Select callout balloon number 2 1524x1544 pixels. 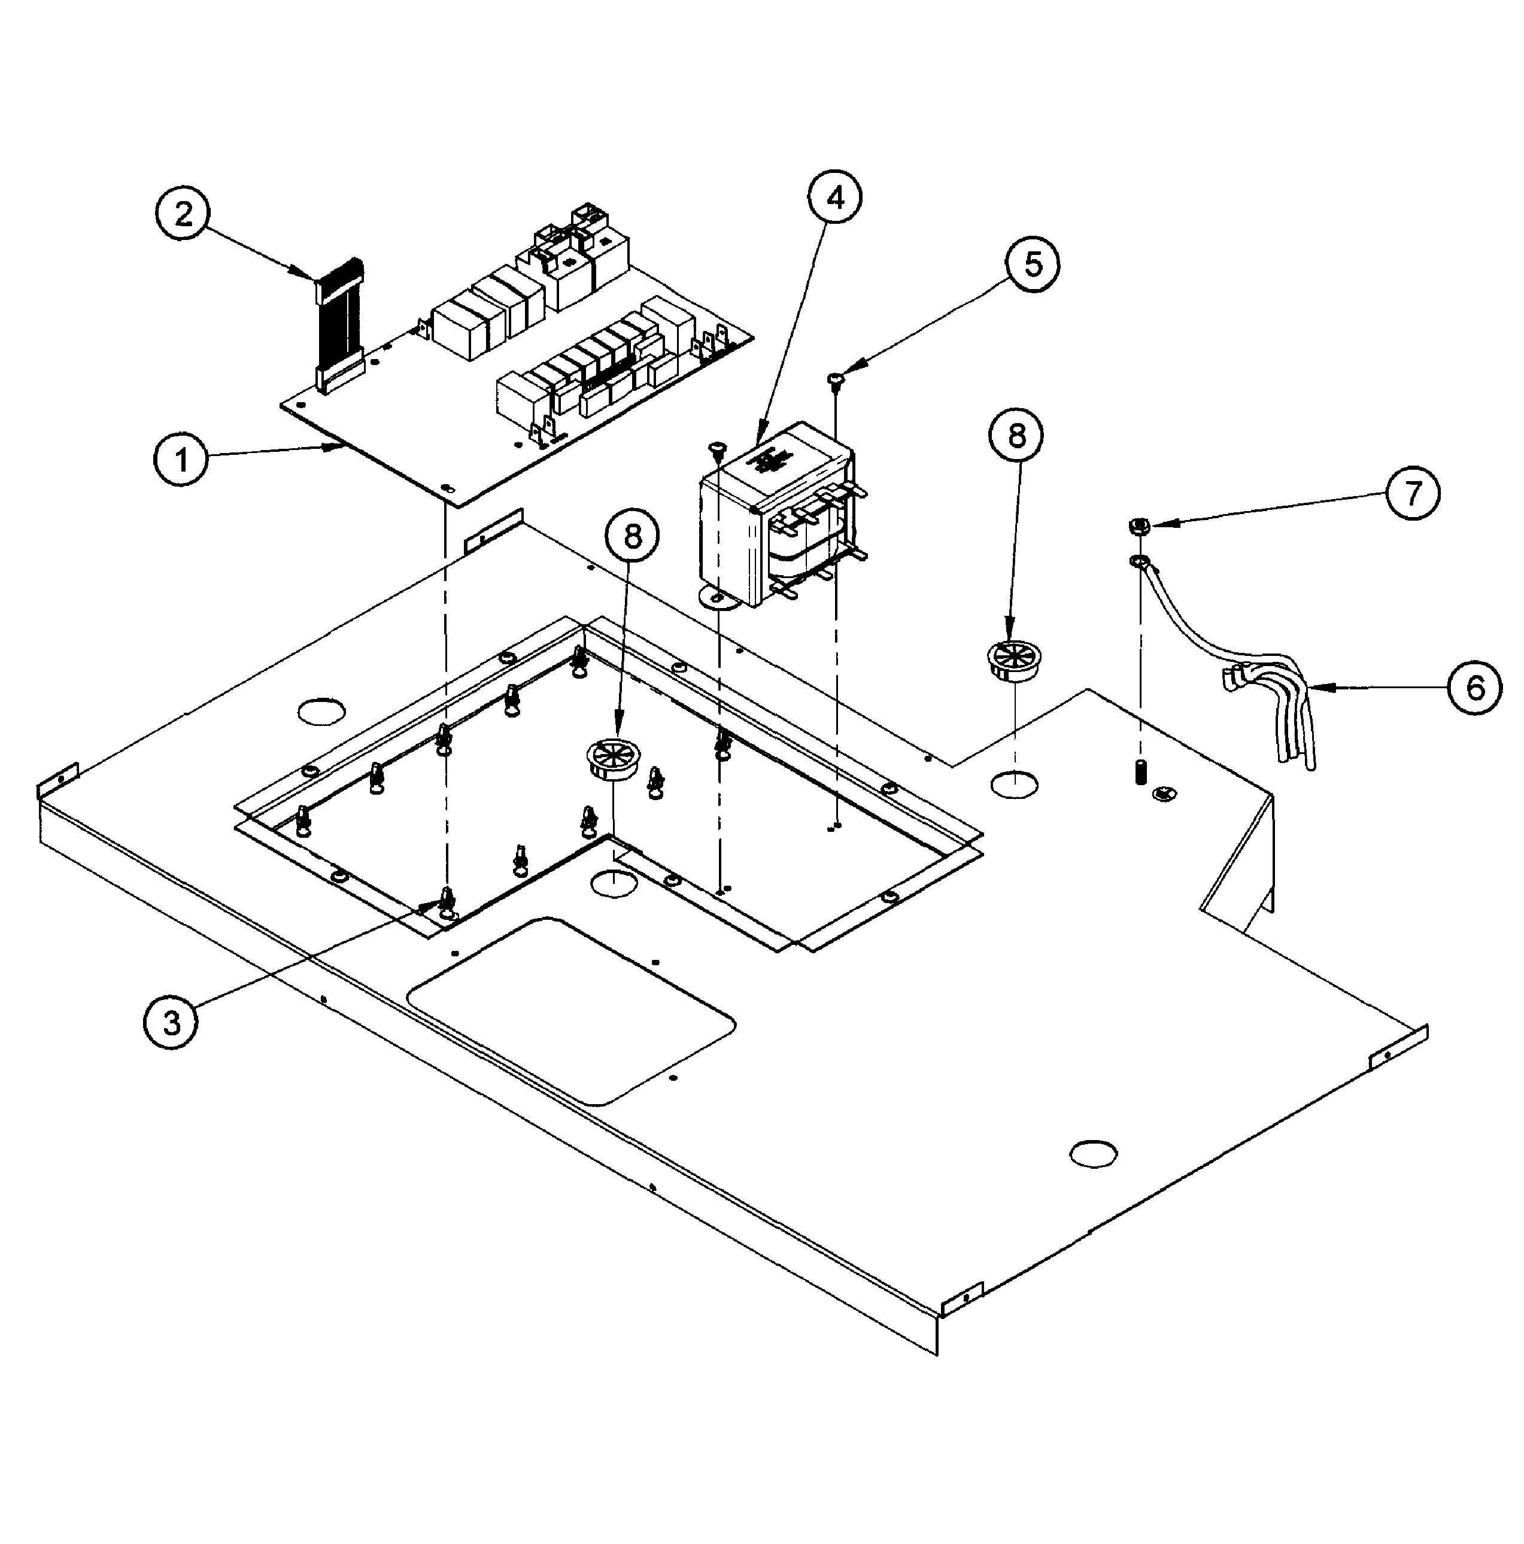[183, 214]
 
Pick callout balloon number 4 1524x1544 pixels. [834, 197]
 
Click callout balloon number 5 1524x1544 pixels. [1033, 264]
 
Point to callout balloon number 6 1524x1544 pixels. [1474, 686]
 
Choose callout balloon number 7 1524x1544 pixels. [1413, 493]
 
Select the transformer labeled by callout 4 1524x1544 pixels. [775, 527]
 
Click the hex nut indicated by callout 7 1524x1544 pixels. [1139, 527]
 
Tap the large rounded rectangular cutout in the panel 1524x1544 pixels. [572, 1011]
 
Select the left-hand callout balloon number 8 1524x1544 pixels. [632, 536]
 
